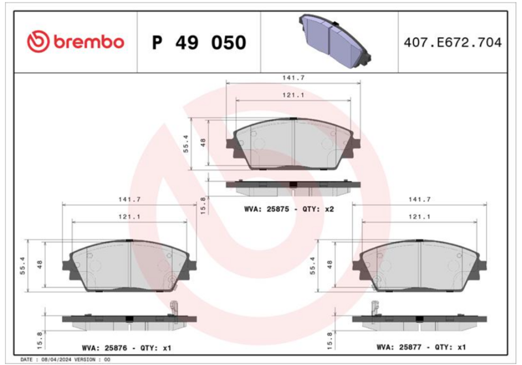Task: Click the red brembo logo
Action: click(x=76, y=42)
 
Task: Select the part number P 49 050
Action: click(x=199, y=42)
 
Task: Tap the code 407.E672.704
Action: click(x=452, y=42)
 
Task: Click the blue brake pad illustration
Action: click(x=335, y=40)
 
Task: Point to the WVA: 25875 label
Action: click(x=266, y=209)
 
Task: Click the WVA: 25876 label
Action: click(x=104, y=348)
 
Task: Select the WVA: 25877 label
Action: click(x=399, y=347)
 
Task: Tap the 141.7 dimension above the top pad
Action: click(x=293, y=78)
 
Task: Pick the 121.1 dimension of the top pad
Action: click(x=293, y=95)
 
